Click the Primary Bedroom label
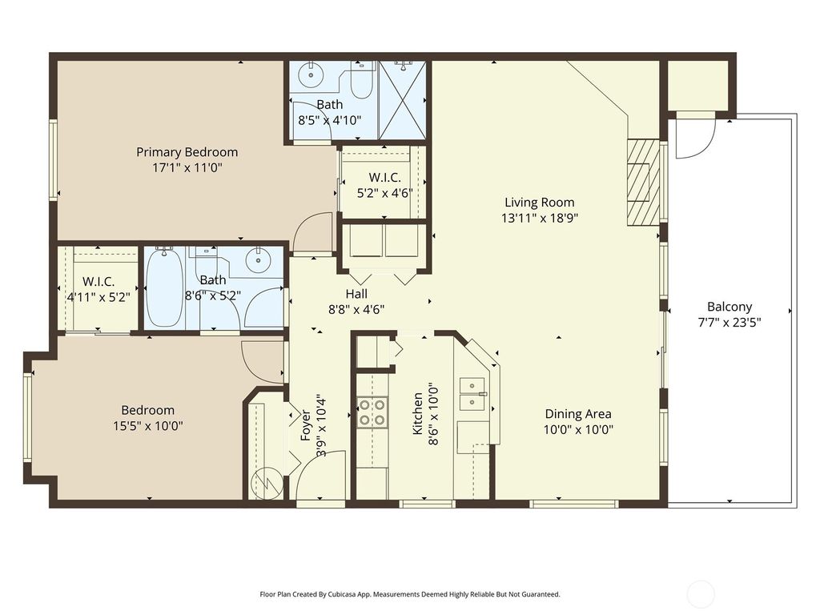[187, 152]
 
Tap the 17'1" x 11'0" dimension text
[187, 167]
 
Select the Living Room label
[539, 203]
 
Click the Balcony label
[730, 307]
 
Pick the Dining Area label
[578, 414]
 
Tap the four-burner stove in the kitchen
[372, 412]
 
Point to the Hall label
[356, 294]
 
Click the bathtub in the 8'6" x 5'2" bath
[165, 288]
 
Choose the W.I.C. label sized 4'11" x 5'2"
[98, 282]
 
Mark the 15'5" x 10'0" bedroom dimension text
[148, 427]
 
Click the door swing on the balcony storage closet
[693, 139]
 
